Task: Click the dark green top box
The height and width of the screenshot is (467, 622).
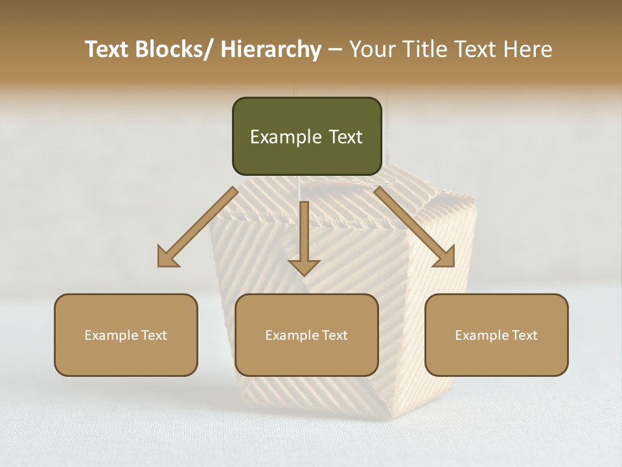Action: tap(306, 136)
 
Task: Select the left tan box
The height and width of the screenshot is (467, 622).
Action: tap(126, 335)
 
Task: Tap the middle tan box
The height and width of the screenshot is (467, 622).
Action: tap(306, 335)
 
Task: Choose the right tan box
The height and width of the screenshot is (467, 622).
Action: tap(496, 335)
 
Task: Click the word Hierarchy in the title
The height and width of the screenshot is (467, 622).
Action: tap(270, 50)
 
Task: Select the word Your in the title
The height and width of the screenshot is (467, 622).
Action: tap(372, 50)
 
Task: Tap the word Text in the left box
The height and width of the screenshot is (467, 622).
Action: tap(153, 335)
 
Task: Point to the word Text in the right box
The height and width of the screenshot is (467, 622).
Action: tap(524, 335)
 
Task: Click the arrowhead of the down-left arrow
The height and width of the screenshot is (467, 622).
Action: tap(167, 257)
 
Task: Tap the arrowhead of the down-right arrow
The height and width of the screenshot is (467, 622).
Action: tap(445, 257)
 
